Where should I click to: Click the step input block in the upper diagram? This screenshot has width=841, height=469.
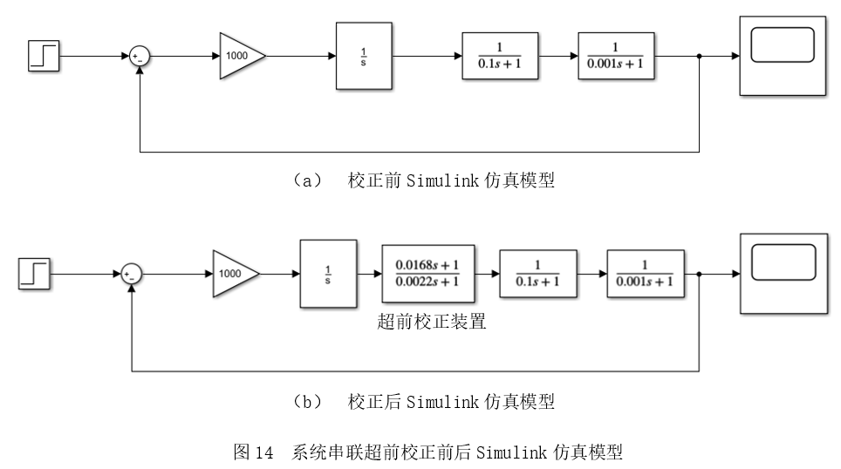coord(44,56)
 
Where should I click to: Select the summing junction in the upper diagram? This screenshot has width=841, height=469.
coord(140,57)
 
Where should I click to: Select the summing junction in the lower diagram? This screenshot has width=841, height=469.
coord(131,275)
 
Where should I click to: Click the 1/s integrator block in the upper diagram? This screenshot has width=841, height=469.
coord(364,56)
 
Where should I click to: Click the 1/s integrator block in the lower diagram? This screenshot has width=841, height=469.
coord(328,274)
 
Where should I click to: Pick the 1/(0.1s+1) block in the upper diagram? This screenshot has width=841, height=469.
coord(500,56)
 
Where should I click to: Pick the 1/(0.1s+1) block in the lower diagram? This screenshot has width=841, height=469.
coord(537,274)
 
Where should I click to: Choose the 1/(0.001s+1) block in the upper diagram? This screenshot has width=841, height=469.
coord(616,56)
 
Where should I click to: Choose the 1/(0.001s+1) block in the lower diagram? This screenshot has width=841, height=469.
coord(645,274)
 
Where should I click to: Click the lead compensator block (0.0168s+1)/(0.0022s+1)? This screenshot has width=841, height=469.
coord(428,274)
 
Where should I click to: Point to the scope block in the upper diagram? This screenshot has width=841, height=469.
coord(783,55)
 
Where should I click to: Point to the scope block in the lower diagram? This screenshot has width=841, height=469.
coord(783,273)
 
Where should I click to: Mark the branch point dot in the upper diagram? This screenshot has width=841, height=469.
coord(700,57)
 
